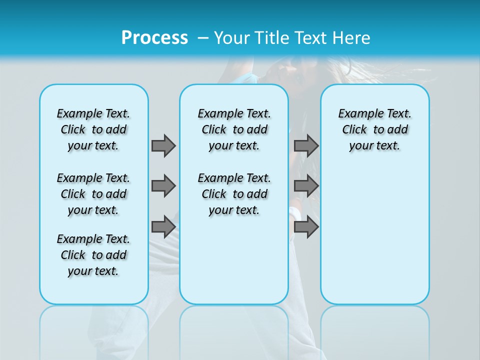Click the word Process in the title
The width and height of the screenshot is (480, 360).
coord(154,37)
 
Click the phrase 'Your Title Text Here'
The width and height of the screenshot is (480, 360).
coord(292,38)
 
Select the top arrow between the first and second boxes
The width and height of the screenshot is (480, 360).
coord(163,145)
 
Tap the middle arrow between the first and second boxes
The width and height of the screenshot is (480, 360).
coord(163,186)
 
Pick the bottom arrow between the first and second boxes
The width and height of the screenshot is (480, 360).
coord(163,226)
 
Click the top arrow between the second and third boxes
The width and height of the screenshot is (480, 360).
coord(306,145)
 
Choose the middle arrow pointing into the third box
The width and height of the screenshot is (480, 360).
coord(306,186)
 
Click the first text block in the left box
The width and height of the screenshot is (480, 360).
coord(93,129)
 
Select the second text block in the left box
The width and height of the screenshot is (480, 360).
coord(93,194)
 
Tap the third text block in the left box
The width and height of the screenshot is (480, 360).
coord(93,255)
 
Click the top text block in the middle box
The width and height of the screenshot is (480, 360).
coord(234,129)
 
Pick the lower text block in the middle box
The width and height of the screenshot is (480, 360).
coord(234,194)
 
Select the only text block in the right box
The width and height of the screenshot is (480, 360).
coord(374,129)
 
